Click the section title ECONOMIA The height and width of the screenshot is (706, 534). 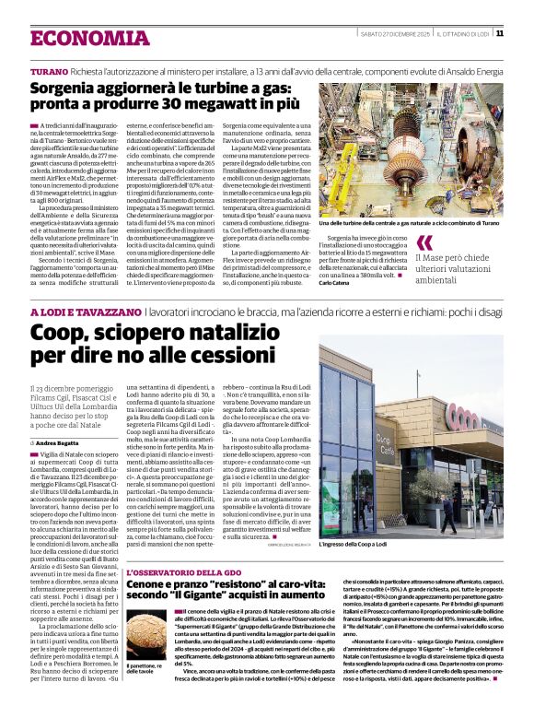(x=77, y=38)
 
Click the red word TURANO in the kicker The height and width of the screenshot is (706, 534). (x=49, y=71)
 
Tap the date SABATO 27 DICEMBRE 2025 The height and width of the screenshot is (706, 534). (x=396, y=34)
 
